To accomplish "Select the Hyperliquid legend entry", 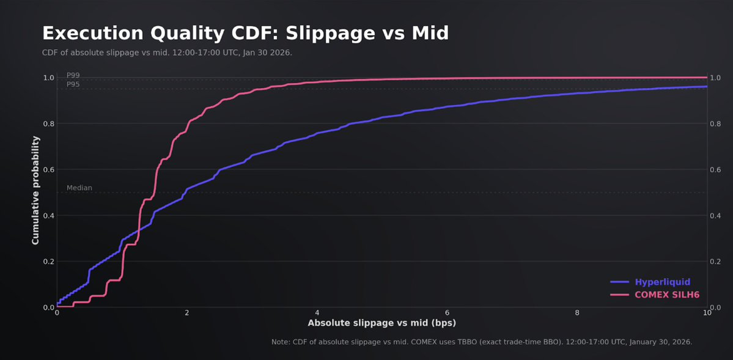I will [x=663, y=282].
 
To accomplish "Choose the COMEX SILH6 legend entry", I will [x=667, y=295].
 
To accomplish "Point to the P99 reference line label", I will [x=73, y=75].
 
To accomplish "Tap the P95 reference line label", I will [x=73, y=84].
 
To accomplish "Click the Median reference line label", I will [x=79, y=188].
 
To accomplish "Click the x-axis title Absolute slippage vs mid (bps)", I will [x=381, y=323].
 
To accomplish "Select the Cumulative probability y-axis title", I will [x=35, y=191].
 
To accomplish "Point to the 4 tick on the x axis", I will [x=317, y=312].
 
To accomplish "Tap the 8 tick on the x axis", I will [x=577, y=312].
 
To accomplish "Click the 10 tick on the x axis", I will [x=707, y=312].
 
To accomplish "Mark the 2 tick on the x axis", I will [x=187, y=312].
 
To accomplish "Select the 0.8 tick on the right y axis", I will [x=717, y=124].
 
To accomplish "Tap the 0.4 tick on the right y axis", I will [x=717, y=216].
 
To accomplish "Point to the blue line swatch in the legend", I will [x=620, y=282].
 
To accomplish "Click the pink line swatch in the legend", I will [x=620, y=295].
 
